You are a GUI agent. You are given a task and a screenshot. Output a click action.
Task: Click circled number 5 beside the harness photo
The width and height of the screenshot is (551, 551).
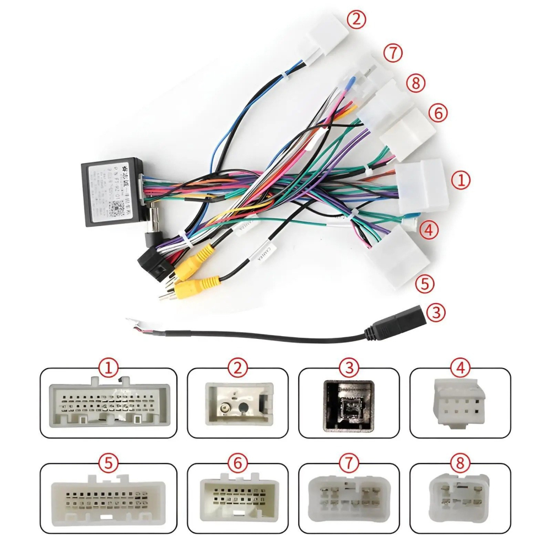coord(424,284)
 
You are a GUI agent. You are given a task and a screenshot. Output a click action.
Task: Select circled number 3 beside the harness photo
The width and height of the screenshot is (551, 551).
coord(435,312)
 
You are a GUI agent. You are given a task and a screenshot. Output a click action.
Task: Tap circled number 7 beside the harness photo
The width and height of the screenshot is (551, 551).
coord(393,53)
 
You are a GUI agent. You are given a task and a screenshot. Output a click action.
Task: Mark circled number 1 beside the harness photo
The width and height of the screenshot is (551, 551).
coord(461,180)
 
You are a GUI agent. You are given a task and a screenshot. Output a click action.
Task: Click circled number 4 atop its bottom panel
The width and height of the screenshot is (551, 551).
coord(460,368)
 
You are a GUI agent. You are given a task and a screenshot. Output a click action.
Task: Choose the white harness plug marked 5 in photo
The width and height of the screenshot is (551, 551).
coord(398,257)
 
